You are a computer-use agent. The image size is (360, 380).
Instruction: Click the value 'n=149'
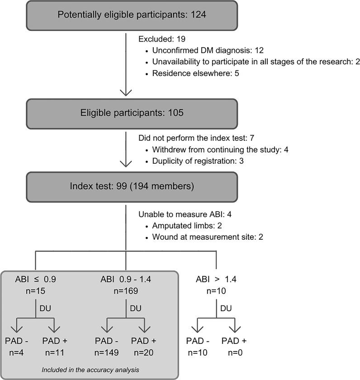tap(107, 351)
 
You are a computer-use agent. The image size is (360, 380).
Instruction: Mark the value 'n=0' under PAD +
tap(234, 351)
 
